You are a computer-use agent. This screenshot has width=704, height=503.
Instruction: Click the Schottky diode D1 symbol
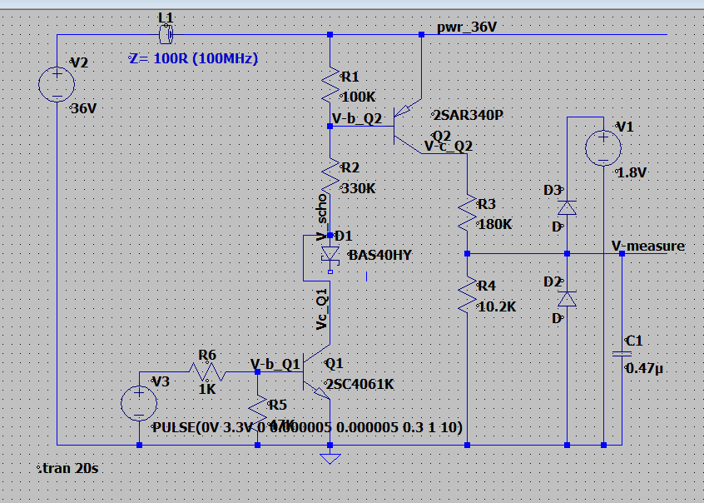pos(330,253)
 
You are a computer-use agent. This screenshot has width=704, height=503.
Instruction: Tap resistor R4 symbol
pos(467,295)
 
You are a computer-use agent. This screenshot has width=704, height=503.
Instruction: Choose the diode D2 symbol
pos(567,297)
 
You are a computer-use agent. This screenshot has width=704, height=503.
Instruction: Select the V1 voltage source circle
pos(601,149)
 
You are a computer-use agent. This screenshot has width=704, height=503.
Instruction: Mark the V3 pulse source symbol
pos(138,403)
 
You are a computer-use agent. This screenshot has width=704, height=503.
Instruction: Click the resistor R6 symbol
pos(206,371)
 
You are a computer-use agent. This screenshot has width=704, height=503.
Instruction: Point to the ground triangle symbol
pos(330,457)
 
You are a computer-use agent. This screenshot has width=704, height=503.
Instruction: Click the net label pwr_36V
pos(466,27)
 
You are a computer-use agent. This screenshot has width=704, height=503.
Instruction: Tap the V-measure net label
pos(647,246)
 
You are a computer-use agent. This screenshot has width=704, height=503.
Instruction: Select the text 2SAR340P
pos(468,115)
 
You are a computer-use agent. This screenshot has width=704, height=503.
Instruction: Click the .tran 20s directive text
pos(70,469)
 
